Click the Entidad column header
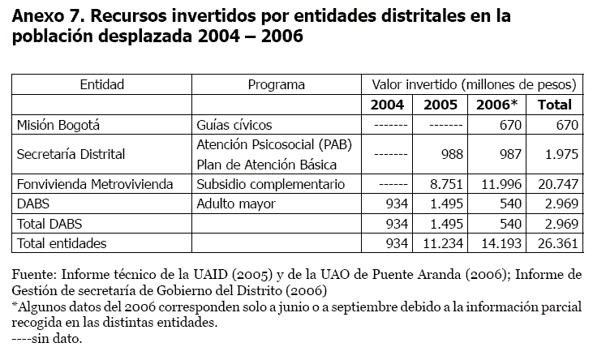click(x=101, y=84)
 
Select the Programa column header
click(x=276, y=84)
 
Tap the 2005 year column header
click(x=440, y=105)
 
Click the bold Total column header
click(x=555, y=105)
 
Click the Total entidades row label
click(x=62, y=242)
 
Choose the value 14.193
click(x=499, y=242)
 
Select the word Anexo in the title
click(x=41, y=18)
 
